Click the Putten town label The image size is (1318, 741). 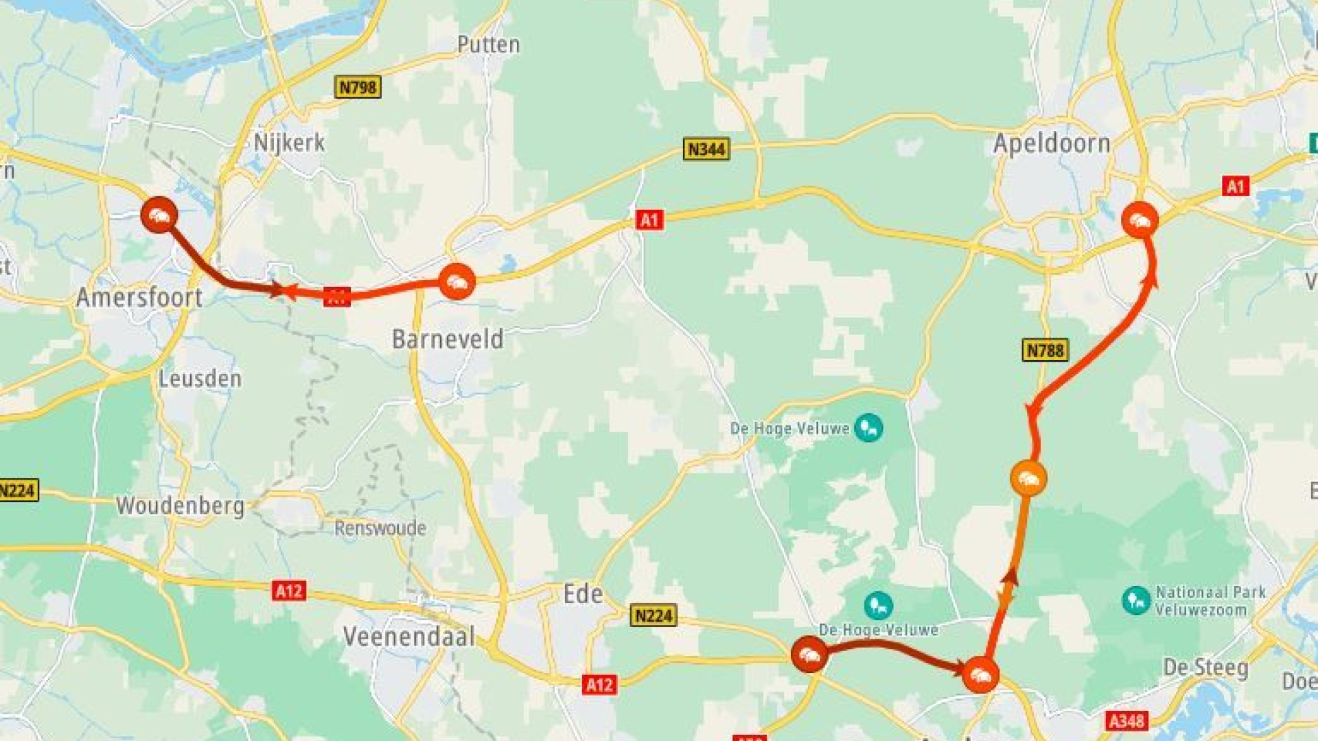pyautogui.click(x=488, y=45)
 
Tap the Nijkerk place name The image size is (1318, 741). pyautogui.click(x=289, y=143)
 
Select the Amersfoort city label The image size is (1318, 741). pyautogui.click(x=139, y=298)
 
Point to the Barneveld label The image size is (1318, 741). pyautogui.click(x=448, y=339)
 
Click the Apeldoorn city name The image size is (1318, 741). pyautogui.click(x=1051, y=144)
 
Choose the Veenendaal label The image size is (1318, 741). pyautogui.click(x=409, y=637)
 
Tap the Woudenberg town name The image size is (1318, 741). pyautogui.click(x=180, y=506)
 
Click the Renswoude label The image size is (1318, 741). pyautogui.click(x=380, y=528)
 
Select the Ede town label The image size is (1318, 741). pyautogui.click(x=583, y=594)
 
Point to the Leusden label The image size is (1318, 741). pyautogui.click(x=200, y=379)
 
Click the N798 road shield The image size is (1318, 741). pyautogui.click(x=358, y=87)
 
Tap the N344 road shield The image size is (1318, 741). pyautogui.click(x=706, y=149)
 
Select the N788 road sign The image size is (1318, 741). pyautogui.click(x=1045, y=351)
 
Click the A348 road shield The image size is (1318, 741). pyautogui.click(x=1126, y=720)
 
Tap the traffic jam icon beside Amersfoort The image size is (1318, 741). pyautogui.click(x=159, y=215)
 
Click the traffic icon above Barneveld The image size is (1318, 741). pyautogui.click(x=456, y=281)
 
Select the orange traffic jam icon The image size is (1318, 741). pyautogui.click(x=1028, y=478)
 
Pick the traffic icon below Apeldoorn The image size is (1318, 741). pyautogui.click(x=1140, y=220)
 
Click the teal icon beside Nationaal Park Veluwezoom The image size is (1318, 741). pyautogui.click(x=1136, y=600)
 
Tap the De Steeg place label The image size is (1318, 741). pyautogui.click(x=1205, y=668)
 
